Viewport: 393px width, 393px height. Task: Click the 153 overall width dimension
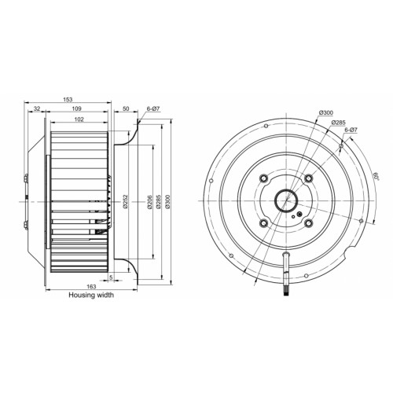(x=68, y=99)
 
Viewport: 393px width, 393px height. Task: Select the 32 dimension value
(x=37, y=108)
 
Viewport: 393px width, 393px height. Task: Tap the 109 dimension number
(x=77, y=108)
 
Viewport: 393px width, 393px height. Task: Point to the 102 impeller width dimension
(x=79, y=119)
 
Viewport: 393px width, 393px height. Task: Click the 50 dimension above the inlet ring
(x=126, y=108)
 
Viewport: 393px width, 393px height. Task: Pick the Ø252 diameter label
(x=125, y=201)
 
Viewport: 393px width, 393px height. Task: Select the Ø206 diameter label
(x=149, y=201)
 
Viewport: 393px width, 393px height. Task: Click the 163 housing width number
(x=91, y=286)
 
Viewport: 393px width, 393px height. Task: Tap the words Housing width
(x=91, y=295)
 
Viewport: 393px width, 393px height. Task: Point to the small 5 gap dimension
(x=111, y=277)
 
